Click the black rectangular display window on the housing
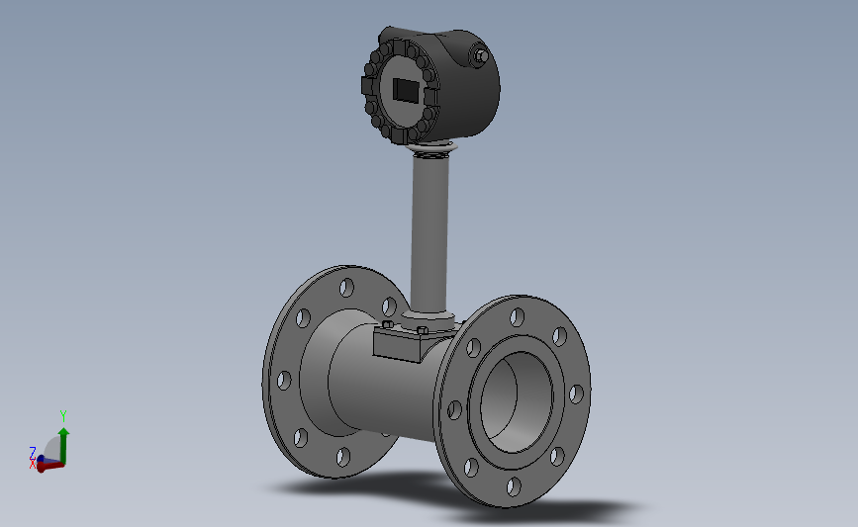click(406, 90)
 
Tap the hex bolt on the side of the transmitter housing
click(480, 56)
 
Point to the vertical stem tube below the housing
click(430, 232)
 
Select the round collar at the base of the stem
click(428, 319)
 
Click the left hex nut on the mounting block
click(387, 324)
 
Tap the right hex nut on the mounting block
click(422, 330)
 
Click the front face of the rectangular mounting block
click(396, 348)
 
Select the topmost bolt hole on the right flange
click(517, 317)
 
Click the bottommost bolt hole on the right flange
click(514, 486)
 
